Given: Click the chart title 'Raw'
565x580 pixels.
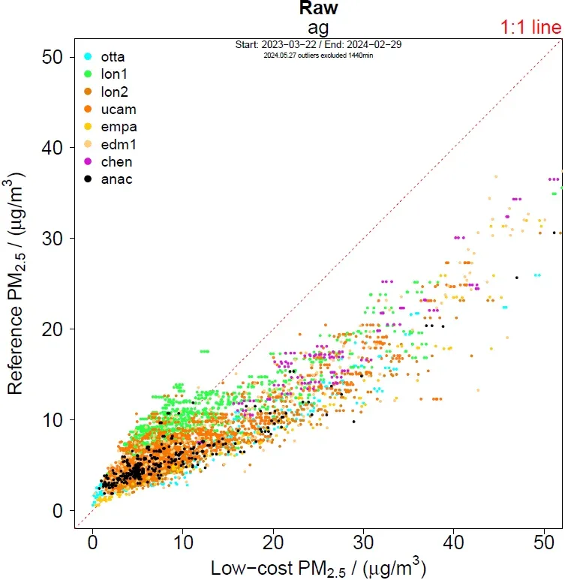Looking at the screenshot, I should pos(319,8).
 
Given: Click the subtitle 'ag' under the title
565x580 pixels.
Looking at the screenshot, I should pos(319,26).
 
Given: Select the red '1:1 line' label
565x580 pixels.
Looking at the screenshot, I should pos(530,29).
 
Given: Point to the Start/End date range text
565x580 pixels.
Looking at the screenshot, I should pos(318,45).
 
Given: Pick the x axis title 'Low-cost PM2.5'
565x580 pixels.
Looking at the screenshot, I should pos(318,566).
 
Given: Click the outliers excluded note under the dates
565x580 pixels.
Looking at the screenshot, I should pos(318,55).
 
